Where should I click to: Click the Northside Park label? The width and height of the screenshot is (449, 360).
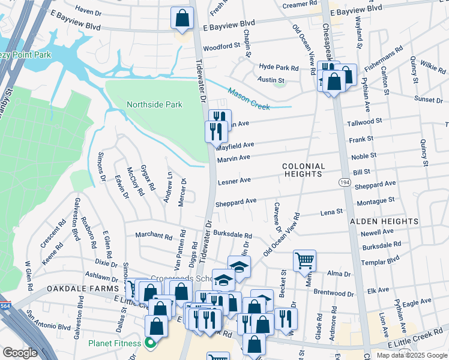pyautogui.click(x=154, y=104)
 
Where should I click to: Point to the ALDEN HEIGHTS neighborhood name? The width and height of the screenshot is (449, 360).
pyautogui.click(x=384, y=221)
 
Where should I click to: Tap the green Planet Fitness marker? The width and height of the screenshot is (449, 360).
pyautogui.click(x=150, y=343)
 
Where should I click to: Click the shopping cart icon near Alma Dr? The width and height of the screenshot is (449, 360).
pyautogui.click(x=304, y=260)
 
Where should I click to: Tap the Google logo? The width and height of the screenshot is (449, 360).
pyautogui.click(x=20, y=353)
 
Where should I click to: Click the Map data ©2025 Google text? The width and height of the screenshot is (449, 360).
pyautogui.click(x=411, y=355)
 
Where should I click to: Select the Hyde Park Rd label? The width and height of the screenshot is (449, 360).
pyautogui.click(x=279, y=68)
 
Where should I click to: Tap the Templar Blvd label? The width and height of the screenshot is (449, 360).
pyautogui.click(x=384, y=260)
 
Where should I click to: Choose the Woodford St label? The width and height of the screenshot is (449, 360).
pyautogui.click(x=221, y=47)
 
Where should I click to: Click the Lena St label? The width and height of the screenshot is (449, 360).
pyautogui.click(x=331, y=212)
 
